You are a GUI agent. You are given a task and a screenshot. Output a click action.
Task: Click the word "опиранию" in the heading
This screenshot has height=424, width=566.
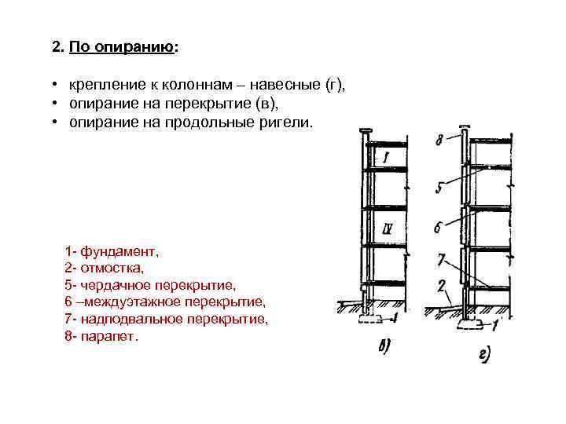tap(135, 47)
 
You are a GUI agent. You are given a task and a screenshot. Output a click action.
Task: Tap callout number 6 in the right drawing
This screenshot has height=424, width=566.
tap(439, 228)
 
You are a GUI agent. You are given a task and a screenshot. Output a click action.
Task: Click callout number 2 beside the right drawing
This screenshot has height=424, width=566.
tap(442, 285)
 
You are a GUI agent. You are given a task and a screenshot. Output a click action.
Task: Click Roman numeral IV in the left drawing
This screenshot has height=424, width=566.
tap(386, 229)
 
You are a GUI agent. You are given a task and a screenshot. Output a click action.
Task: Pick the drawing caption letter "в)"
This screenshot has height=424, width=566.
tap(385, 345)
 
